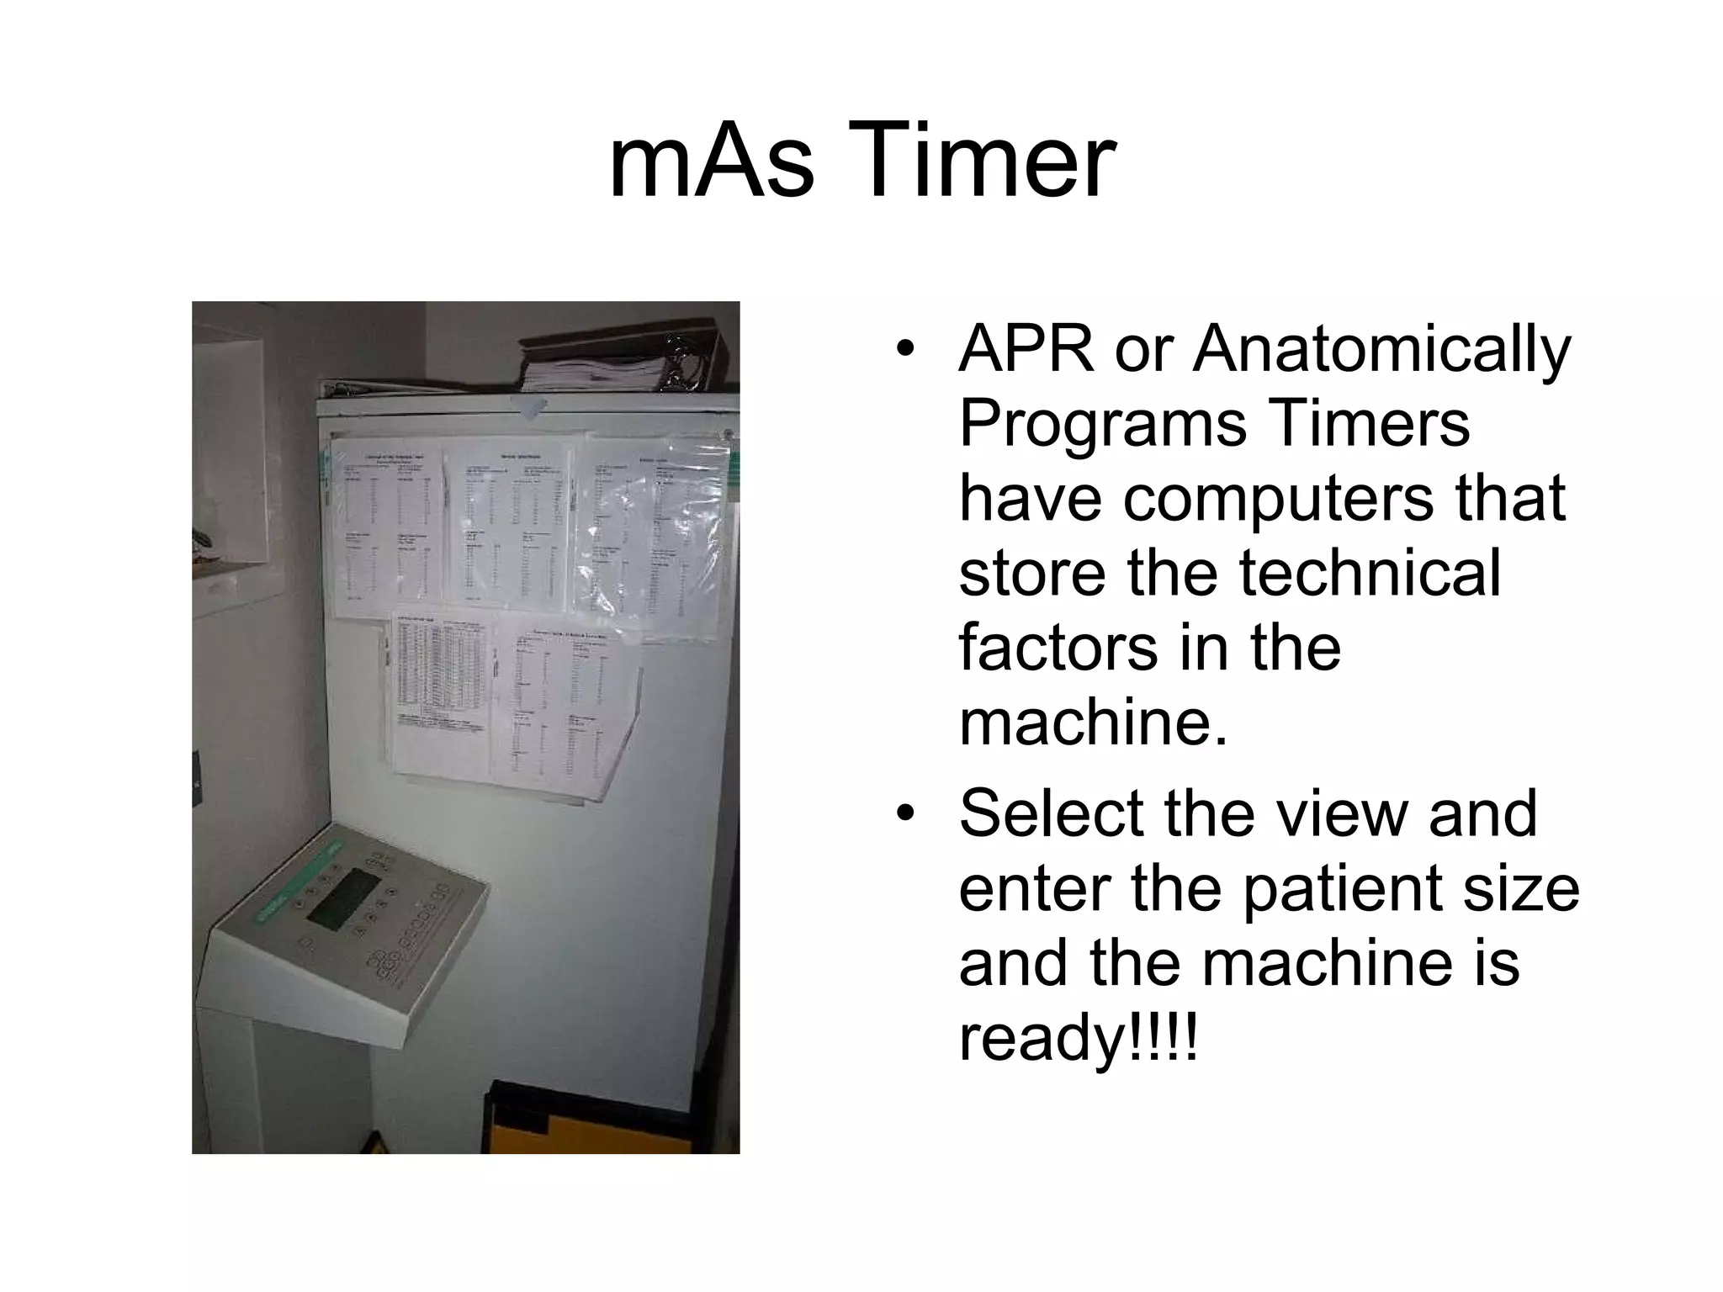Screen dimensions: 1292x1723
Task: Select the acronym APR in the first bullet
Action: pos(1026,348)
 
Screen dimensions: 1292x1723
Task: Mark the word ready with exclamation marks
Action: pos(1077,1040)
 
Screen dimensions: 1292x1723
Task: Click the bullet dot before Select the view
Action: pos(904,813)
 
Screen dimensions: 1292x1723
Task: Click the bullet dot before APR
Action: pos(904,348)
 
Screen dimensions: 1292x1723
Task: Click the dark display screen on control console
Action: pos(344,898)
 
